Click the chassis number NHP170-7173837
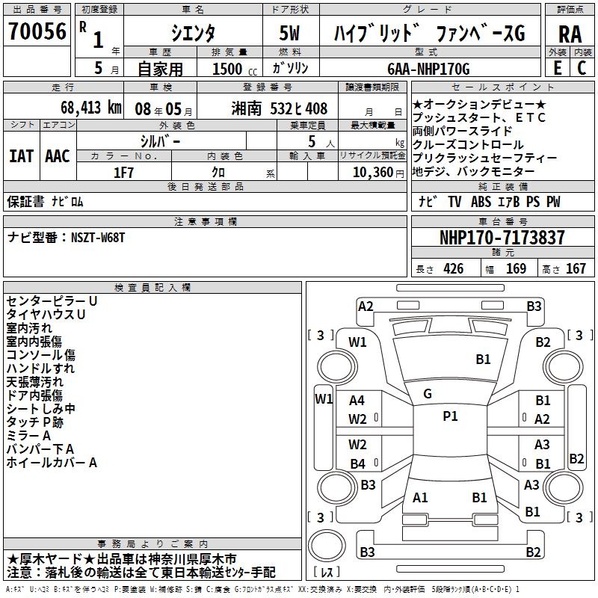point(502,238)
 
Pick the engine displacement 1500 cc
point(230,70)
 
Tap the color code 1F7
point(123,172)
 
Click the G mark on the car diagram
point(428,393)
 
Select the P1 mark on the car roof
point(450,416)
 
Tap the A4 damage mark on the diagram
point(357,401)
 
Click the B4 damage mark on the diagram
point(357,463)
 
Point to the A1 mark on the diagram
point(420,497)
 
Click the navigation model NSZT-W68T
point(98,238)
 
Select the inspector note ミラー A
point(28,435)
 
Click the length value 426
point(453,269)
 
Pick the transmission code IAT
point(21,155)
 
